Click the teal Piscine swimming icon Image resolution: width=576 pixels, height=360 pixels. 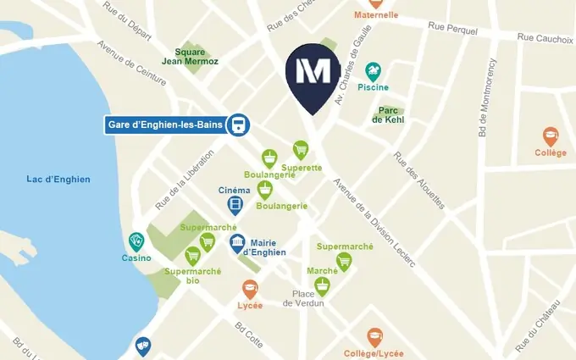[x=373, y=71]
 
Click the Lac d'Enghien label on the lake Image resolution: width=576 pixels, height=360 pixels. [x=58, y=179]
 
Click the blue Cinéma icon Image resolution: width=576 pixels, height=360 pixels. [x=235, y=206]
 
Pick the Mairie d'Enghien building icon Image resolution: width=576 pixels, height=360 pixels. [x=239, y=244]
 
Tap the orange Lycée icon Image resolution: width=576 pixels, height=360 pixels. [x=250, y=288]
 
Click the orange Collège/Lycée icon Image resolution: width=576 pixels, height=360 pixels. [x=374, y=336]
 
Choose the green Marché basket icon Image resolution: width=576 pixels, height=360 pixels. [x=322, y=286]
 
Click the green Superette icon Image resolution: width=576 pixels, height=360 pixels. [x=301, y=150]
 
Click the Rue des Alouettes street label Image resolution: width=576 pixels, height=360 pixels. [x=418, y=179]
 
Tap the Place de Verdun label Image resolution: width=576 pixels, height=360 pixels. [x=303, y=298]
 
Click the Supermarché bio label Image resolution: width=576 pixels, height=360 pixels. [x=192, y=275]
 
